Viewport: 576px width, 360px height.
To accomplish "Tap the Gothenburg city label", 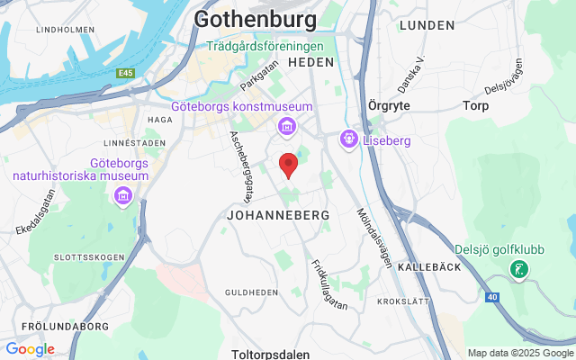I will point(256,19).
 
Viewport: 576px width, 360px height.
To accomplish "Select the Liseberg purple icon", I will point(348,140).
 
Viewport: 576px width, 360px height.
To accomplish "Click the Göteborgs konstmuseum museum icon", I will point(286,125).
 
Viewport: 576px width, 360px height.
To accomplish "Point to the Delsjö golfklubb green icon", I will point(519,268).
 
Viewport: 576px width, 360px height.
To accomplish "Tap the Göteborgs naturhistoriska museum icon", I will point(124,195).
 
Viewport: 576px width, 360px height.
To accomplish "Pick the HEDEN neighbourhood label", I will point(310,62).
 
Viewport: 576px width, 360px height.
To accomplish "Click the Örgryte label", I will point(390,105).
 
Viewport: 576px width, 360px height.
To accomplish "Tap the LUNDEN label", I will point(427,24).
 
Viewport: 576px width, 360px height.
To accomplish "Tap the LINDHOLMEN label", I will point(65,30).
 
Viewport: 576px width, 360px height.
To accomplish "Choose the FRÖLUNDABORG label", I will point(54,326).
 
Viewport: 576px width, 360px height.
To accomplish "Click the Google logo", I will point(30,349).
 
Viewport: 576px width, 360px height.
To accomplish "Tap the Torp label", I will point(475,105).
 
